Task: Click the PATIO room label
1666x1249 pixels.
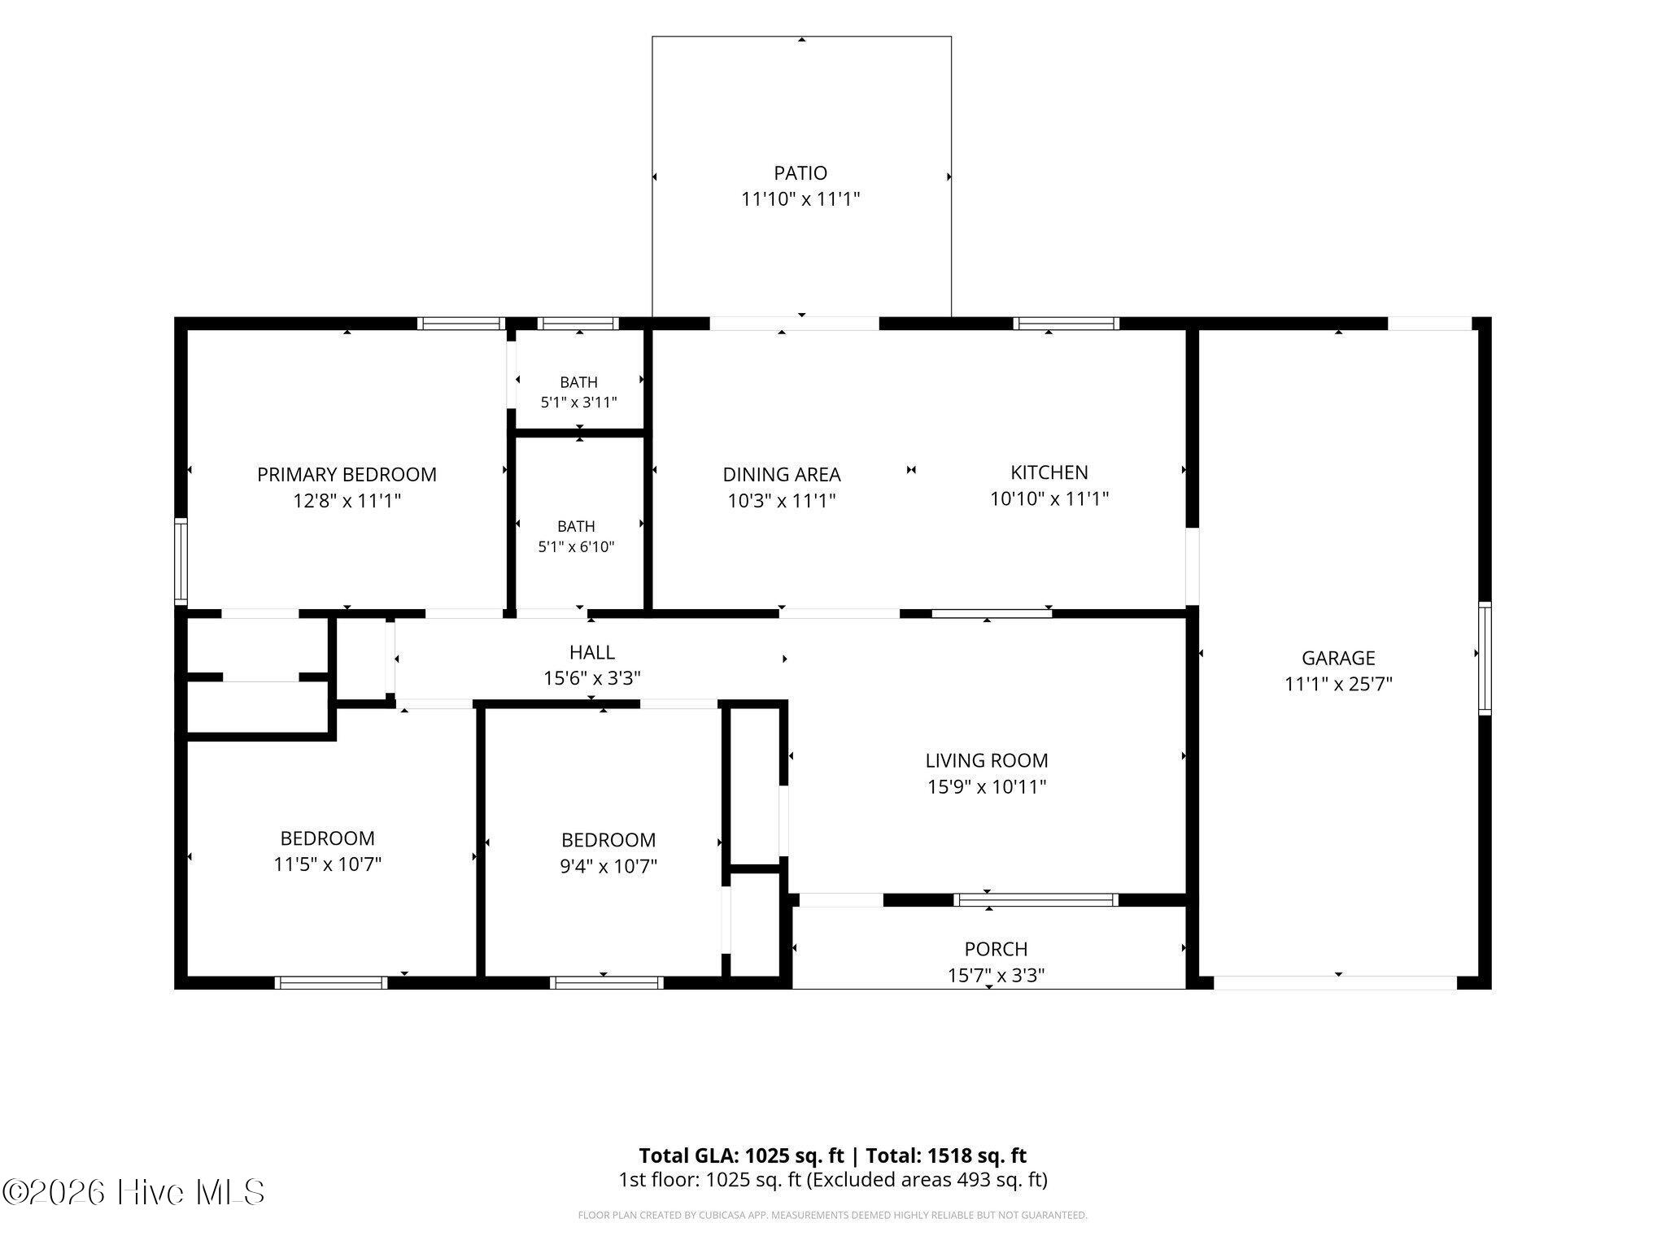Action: [x=800, y=173]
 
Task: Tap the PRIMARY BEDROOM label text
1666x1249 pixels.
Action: [x=347, y=475]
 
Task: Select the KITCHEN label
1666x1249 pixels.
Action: [x=1049, y=472]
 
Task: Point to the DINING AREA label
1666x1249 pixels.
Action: [x=782, y=475]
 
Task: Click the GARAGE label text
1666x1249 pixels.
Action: [x=1338, y=658]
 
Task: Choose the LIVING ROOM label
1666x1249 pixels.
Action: [x=987, y=760]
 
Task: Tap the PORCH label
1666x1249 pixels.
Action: [x=996, y=949]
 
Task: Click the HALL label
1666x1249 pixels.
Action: [x=592, y=652]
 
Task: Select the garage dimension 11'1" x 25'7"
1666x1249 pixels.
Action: [x=1338, y=684]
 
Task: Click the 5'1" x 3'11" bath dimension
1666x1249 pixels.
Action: [x=578, y=402]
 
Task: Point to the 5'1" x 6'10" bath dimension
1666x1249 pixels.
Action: [x=576, y=546]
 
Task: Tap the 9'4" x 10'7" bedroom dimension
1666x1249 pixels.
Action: [x=608, y=866]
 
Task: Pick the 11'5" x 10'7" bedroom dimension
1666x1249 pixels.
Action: [x=327, y=864]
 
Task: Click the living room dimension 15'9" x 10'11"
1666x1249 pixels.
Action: [x=987, y=786]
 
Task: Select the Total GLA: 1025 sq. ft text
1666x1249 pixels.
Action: [x=741, y=1155]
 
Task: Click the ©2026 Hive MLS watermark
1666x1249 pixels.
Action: [x=133, y=1192]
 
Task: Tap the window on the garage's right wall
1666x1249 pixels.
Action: [x=1485, y=659]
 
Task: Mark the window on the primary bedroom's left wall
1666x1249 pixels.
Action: [x=181, y=561]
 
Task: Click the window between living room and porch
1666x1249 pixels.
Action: [x=1036, y=900]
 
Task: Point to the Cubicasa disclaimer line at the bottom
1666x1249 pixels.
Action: [x=832, y=1216]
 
